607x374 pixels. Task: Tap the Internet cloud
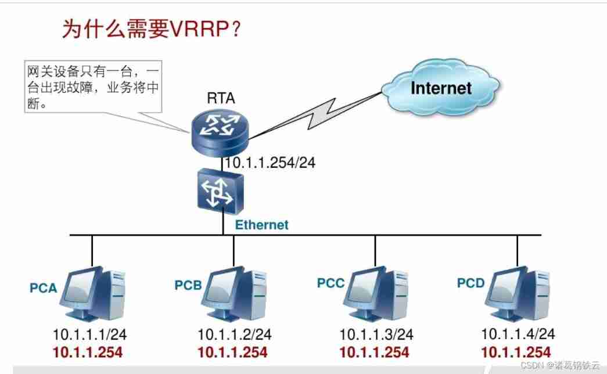(440, 88)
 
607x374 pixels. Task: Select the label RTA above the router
(221, 98)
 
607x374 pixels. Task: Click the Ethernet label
(262, 225)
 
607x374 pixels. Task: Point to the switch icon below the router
(220, 192)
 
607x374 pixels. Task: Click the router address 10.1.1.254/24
(270, 163)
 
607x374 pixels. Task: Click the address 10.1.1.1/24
(90, 335)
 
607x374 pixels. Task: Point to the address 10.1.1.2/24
(235, 335)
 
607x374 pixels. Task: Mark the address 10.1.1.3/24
(376, 335)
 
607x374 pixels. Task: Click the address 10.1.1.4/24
(518, 334)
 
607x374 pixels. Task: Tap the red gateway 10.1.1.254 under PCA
(88, 353)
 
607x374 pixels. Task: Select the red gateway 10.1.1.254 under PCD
(516, 353)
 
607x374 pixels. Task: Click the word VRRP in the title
(199, 28)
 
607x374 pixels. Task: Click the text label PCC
(331, 283)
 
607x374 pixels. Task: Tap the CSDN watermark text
(560, 365)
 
